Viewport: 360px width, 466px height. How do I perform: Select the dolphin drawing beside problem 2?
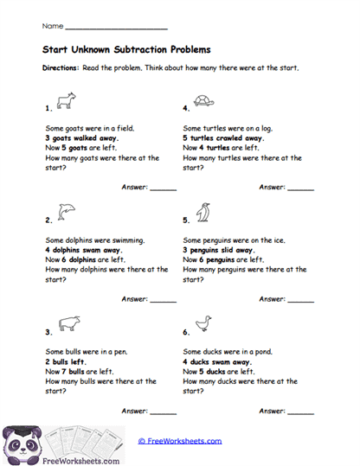65,211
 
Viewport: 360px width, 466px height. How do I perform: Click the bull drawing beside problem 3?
68,323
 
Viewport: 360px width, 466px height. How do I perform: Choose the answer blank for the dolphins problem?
163,300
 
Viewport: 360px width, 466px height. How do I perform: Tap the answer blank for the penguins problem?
300,300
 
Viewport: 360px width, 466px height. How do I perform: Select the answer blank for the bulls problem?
163,412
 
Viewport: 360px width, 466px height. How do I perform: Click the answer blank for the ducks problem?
300,412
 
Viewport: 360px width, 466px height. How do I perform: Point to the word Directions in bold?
61,67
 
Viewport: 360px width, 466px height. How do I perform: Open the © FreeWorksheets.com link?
180,441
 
